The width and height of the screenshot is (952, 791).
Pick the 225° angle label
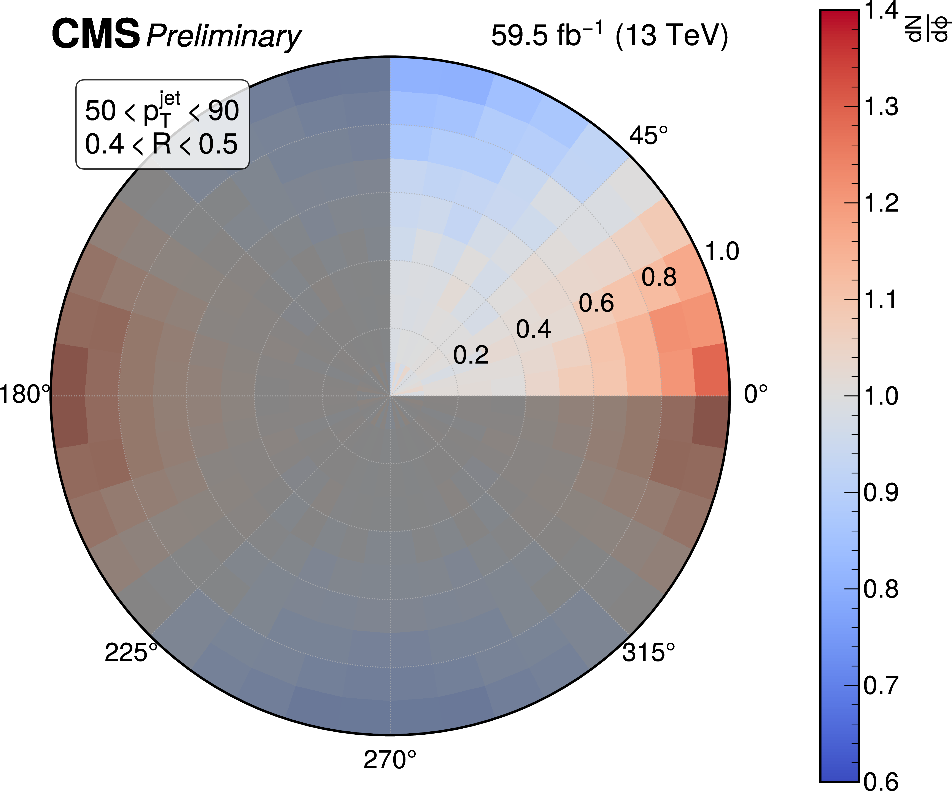[131, 653]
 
